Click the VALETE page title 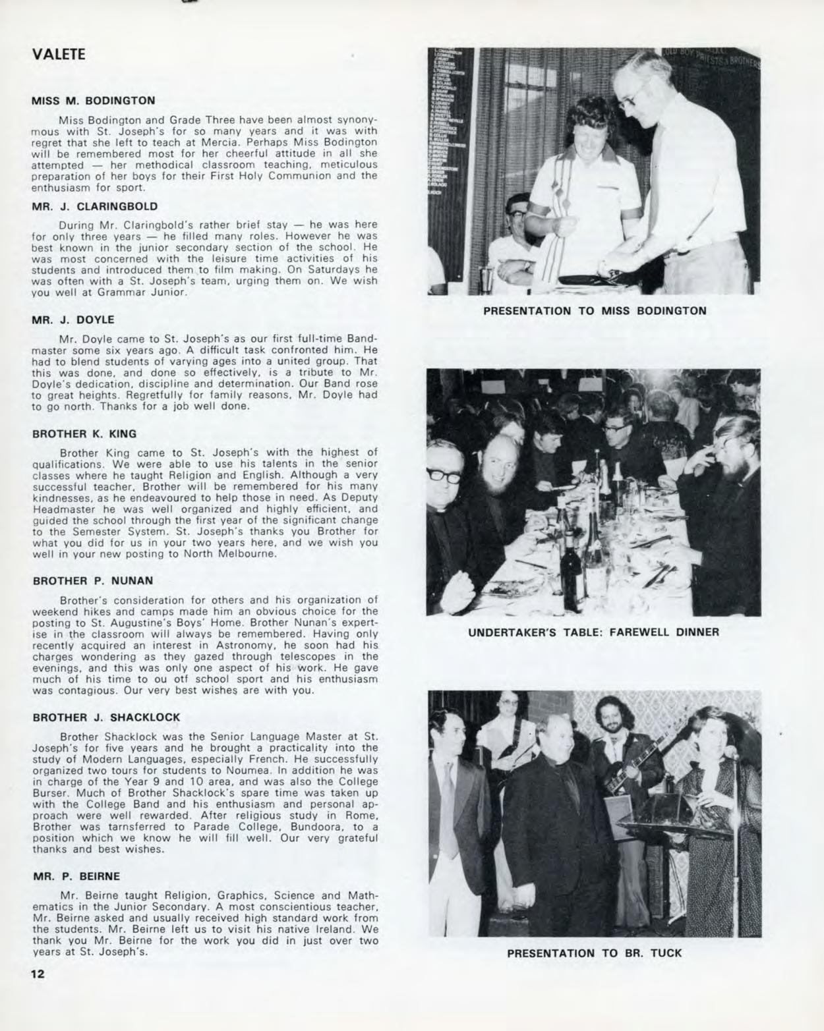tap(59, 54)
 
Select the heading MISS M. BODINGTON tap(94, 101)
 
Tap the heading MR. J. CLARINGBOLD tap(95, 206)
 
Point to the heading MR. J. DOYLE tap(73, 320)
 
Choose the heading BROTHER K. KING tap(84, 433)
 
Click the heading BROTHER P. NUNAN tap(92, 580)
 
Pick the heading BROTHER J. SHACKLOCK tap(106, 717)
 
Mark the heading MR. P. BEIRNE tap(76, 876)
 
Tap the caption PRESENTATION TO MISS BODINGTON tap(594, 310)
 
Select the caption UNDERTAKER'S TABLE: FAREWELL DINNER tap(593, 632)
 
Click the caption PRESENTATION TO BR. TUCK tap(594, 953)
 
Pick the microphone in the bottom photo tap(730, 752)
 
